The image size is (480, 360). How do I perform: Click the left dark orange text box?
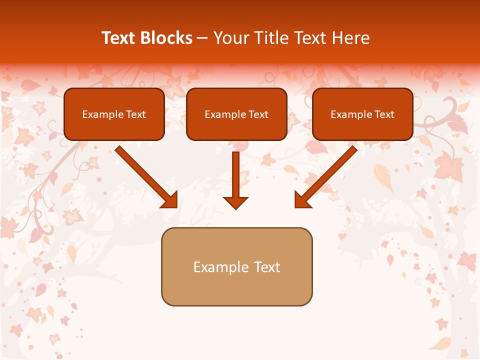point(114,114)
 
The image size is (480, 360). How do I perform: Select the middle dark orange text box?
point(236,114)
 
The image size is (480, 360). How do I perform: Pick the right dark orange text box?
point(362,114)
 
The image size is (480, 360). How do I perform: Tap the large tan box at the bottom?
point(236,266)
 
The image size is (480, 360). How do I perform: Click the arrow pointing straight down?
point(235,175)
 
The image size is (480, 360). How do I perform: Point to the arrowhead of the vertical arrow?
point(235,202)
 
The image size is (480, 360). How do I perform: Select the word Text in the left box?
point(136,114)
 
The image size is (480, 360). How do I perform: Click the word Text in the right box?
point(384,114)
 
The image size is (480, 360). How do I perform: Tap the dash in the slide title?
point(202,38)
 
